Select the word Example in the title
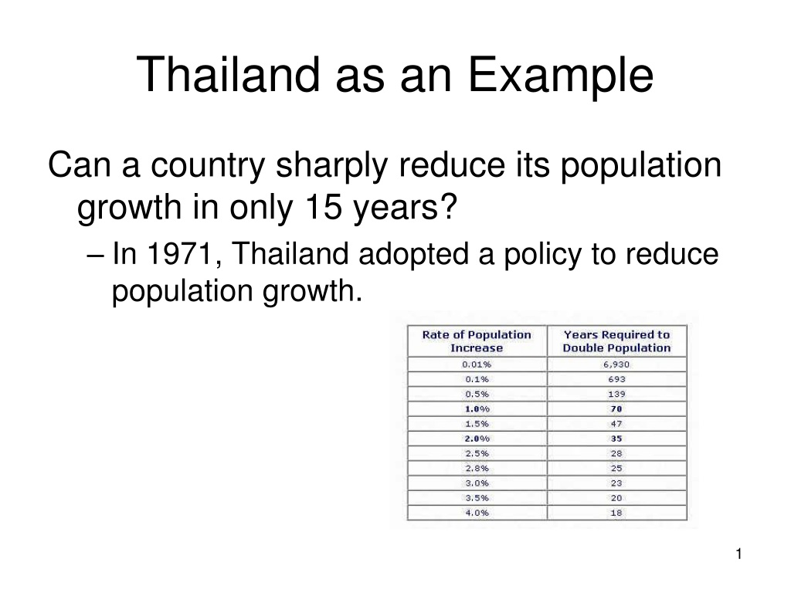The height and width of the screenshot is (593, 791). [x=561, y=76]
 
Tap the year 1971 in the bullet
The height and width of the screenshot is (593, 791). [x=179, y=253]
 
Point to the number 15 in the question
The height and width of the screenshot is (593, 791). [x=324, y=207]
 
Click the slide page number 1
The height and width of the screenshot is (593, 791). [x=738, y=554]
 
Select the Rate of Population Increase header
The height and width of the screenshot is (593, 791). [x=477, y=341]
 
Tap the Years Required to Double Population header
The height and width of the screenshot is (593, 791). [x=616, y=341]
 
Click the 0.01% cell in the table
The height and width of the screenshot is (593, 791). [x=477, y=364]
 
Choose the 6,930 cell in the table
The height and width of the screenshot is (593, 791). [x=616, y=364]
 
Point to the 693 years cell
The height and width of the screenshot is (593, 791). [x=616, y=379]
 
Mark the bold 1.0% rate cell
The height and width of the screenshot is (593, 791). [x=477, y=409]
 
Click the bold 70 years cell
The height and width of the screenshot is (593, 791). [x=616, y=409]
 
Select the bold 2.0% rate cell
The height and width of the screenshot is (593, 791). [x=477, y=439]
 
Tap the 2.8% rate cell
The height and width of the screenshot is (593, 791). [x=477, y=469]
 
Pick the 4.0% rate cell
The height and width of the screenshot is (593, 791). [x=477, y=513]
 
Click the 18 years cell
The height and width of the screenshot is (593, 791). [x=616, y=513]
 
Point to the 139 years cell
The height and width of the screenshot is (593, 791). [x=616, y=394]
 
